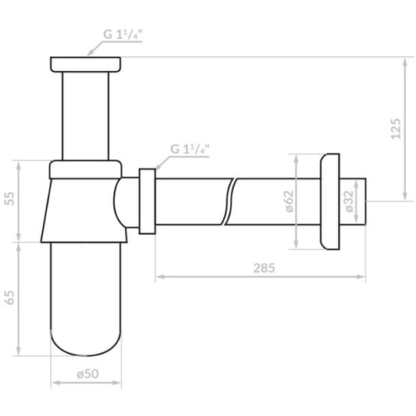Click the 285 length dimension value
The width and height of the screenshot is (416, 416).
point(264,268)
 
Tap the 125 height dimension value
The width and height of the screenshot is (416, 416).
point(396,129)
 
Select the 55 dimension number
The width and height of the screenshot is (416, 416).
point(10,199)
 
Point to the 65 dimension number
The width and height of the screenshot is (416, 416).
point(10,297)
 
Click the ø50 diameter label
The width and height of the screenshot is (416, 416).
point(87,374)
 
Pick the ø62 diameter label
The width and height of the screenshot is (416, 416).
point(290,201)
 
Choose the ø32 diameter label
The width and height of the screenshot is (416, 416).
point(350,201)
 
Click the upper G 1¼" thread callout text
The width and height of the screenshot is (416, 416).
point(123,34)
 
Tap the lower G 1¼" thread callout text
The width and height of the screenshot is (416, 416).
point(190,149)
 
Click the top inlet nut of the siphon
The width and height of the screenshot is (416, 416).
point(85,64)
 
